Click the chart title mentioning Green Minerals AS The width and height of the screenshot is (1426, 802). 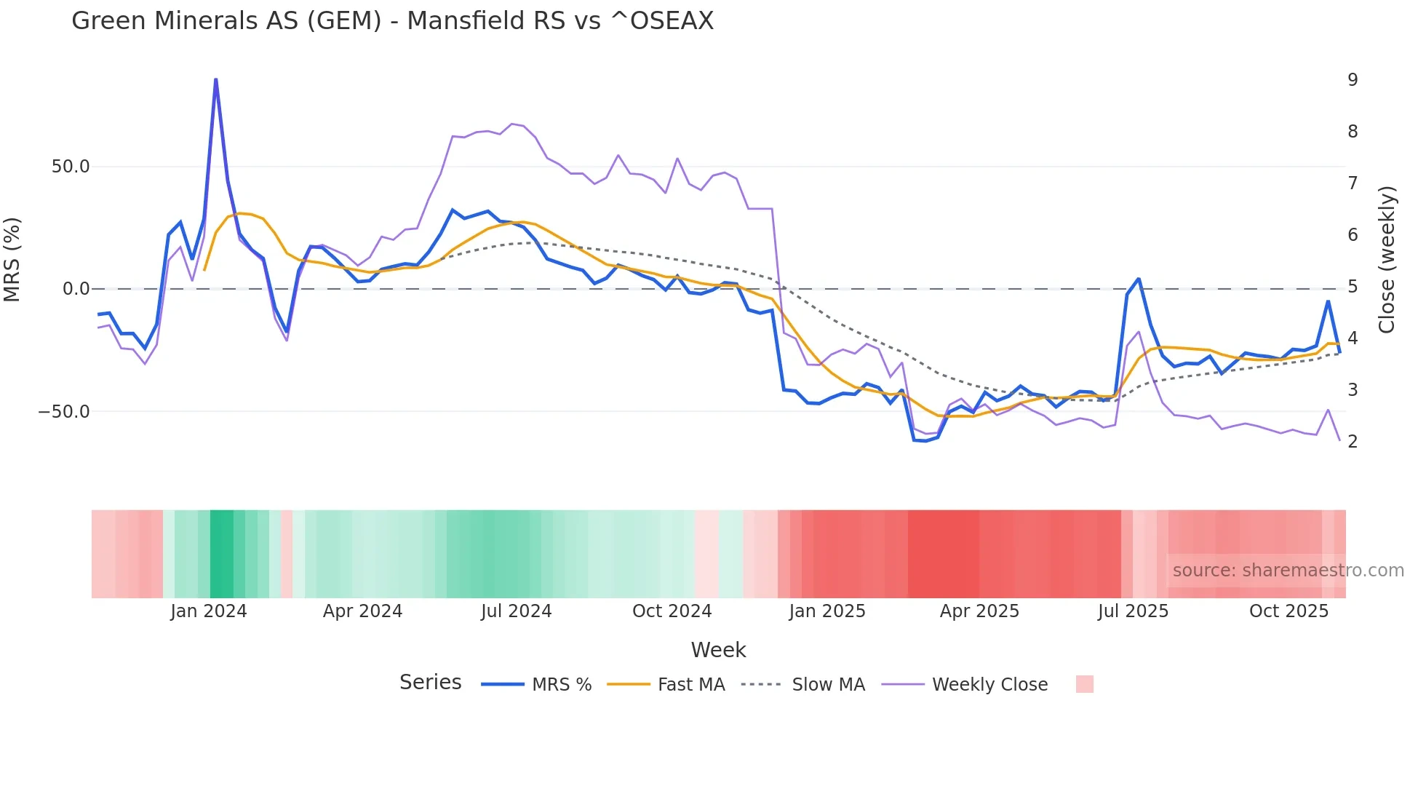click(x=392, y=21)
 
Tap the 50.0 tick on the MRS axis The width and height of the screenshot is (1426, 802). click(x=71, y=167)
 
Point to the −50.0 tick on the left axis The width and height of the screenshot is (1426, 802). click(x=65, y=412)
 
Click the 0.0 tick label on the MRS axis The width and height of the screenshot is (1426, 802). click(x=76, y=289)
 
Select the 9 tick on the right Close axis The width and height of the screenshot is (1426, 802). click(x=1353, y=80)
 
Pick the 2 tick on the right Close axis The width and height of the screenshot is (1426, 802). click(x=1353, y=442)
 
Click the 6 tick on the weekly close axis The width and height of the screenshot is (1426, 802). click(x=1353, y=235)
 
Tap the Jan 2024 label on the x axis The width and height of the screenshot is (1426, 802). click(x=209, y=611)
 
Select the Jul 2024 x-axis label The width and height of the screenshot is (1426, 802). click(x=517, y=611)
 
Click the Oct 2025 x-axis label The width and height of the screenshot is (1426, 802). click(x=1288, y=611)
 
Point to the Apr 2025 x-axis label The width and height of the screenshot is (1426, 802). click(x=979, y=611)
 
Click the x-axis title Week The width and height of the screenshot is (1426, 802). click(x=718, y=650)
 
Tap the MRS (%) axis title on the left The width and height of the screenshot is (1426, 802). click(x=12, y=259)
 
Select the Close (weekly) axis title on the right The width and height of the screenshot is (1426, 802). click(x=1387, y=260)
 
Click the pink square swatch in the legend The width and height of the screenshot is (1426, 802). click(x=1084, y=684)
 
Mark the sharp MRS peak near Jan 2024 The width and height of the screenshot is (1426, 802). click(x=215, y=79)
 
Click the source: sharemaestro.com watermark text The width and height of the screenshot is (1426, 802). click(x=1288, y=571)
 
